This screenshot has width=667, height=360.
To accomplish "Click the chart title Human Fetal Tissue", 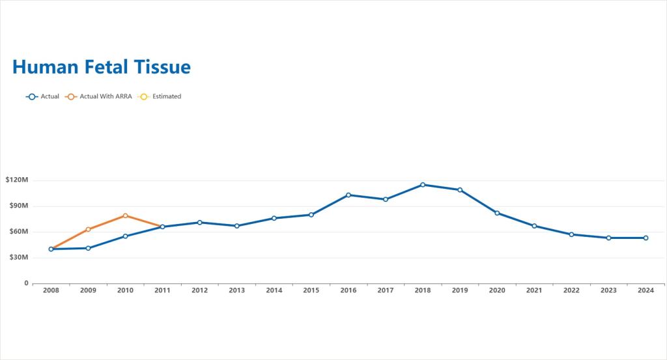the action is pos(101,67).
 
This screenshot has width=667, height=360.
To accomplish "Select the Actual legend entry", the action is pos(42,96).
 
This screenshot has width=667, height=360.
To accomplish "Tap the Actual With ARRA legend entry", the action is pos(99,96).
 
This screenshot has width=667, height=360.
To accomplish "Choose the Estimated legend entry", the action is pos(160,96).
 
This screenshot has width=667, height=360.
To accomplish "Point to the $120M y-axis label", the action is pos(17,180).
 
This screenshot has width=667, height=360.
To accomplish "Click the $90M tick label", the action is pos(19,206).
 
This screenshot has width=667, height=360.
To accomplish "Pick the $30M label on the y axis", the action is pos(19,257).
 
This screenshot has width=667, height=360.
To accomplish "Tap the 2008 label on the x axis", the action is pos(51,290).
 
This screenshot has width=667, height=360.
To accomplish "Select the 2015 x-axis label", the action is pos(311,290).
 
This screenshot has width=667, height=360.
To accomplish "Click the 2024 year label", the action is pos(646,290).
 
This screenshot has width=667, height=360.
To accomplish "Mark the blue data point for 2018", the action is pos(423,185).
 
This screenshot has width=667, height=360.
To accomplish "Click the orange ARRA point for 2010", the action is pos(125,215).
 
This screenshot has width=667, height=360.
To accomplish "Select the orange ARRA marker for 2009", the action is pos(88,230).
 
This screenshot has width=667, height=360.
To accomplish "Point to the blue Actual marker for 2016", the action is pos(348,195).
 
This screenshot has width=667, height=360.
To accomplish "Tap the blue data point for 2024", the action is pos(646,238).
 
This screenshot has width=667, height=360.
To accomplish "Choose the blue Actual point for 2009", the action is pos(88,248).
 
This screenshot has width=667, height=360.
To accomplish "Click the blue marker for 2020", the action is pos(497,213).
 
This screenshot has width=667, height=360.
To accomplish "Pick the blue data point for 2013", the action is pos(237,226).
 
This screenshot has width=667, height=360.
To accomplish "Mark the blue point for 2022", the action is pos(571,234).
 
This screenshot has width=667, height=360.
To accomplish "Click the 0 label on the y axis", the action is pos(26,283).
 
